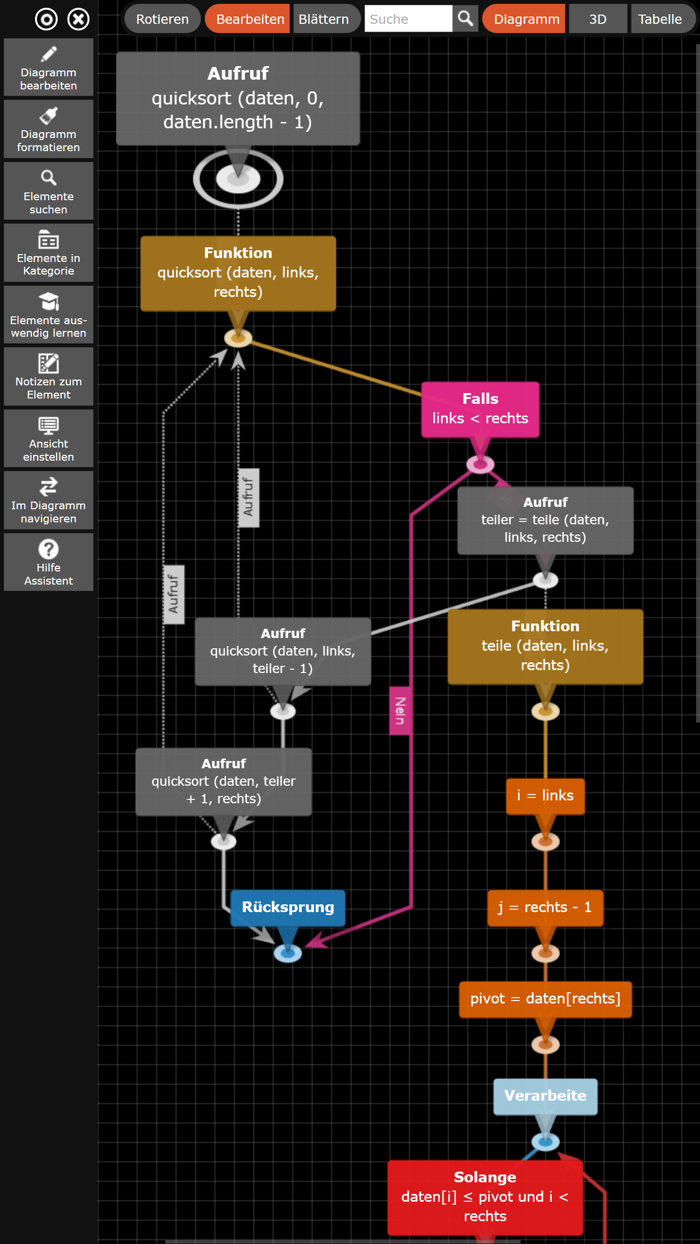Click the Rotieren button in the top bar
click(162, 19)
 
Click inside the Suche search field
click(408, 19)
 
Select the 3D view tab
click(598, 19)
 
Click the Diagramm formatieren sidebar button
click(49, 129)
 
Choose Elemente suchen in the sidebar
click(49, 191)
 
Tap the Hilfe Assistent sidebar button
click(49, 562)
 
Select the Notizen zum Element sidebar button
click(49, 377)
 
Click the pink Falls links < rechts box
click(480, 410)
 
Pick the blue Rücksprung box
click(288, 908)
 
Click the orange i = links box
click(545, 796)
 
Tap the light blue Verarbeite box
click(545, 1097)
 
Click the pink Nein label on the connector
click(400, 710)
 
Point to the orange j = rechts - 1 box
click(545, 908)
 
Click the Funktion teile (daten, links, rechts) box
click(545, 646)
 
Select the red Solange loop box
click(485, 1197)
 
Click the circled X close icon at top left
click(78, 19)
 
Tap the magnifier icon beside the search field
click(466, 19)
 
